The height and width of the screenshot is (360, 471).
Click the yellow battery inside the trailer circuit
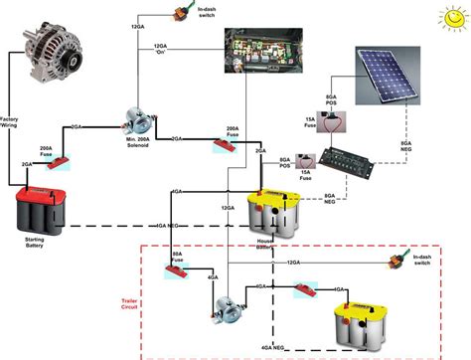click(x=365, y=318)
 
